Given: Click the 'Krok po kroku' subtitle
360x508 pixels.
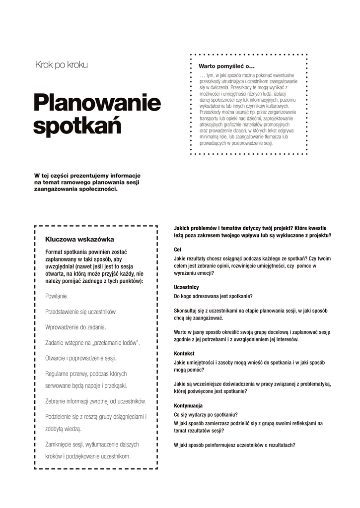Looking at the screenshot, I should pyautogui.click(x=62, y=65).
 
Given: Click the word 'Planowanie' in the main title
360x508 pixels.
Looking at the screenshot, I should pyautogui.click(x=97, y=103).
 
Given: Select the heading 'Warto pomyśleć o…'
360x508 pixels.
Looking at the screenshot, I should pyautogui.click(x=226, y=66).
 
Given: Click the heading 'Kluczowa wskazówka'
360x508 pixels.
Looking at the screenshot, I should pyautogui.click(x=79, y=239).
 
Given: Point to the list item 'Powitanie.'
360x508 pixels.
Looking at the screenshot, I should pyautogui.click(x=57, y=296).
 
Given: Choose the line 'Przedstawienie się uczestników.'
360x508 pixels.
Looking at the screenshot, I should pyautogui.click(x=81, y=312).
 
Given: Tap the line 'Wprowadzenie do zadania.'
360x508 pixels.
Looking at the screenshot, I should pyautogui.click(x=75, y=327).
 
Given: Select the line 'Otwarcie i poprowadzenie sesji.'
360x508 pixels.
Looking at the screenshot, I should pyautogui.click(x=80, y=358).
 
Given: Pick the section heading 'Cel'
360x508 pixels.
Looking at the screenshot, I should pyautogui.click(x=178, y=250).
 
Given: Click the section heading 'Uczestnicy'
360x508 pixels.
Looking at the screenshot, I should pyautogui.click(x=186, y=287).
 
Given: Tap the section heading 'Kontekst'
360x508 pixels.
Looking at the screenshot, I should pyautogui.click(x=184, y=353).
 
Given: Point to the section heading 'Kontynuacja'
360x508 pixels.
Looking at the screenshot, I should pyautogui.click(x=188, y=405).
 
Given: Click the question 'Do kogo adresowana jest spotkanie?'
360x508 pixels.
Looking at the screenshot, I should pyautogui.click(x=213, y=297).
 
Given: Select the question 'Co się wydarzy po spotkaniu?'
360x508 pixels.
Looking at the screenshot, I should pyautogui.click(x=206, y=415).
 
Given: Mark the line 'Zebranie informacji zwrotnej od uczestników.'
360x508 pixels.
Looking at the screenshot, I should pyautogui.click(x=95, y=401).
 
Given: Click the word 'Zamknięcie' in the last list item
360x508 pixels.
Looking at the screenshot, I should pyautogui.click(x=60, y=444).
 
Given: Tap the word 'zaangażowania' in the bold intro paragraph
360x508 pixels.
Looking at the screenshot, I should pyautogui.click(x=56, y=189).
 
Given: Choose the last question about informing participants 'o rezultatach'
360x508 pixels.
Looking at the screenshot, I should pyautogui.click(x=234, y=445).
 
